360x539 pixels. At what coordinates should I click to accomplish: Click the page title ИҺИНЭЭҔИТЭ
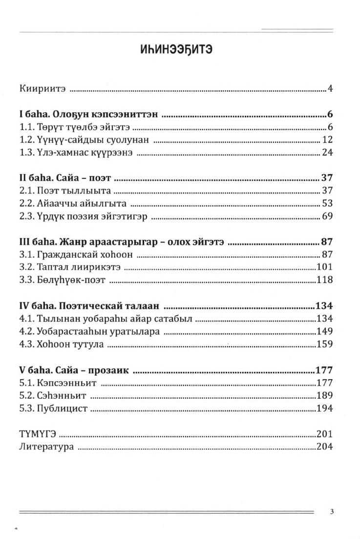[180, 50]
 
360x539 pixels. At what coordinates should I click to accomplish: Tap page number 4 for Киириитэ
[330, 89]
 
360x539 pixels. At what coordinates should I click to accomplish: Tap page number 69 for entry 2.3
[327, 216]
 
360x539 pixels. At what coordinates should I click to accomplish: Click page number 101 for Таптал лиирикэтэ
[324, 267]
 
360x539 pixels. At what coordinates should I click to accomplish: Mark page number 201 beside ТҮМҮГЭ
[324, 433]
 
